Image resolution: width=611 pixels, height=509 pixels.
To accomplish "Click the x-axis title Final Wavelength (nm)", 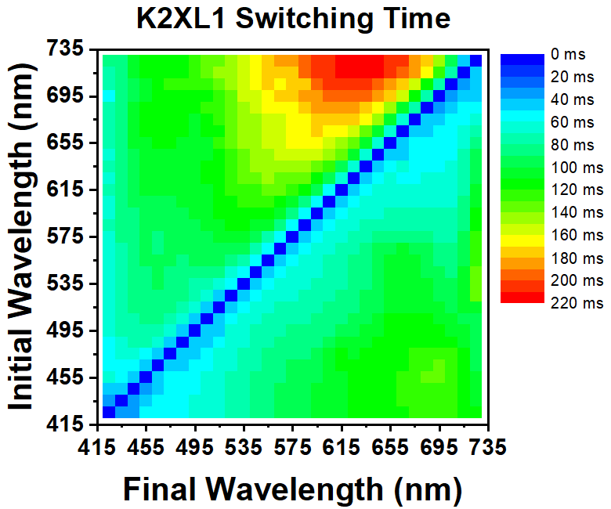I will coord(292,489).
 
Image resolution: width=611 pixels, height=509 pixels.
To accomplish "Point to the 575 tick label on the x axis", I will coord(293,448).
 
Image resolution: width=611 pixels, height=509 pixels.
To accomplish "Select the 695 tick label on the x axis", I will coord(439,448).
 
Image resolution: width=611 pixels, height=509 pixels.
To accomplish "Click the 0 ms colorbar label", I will coord(566,55).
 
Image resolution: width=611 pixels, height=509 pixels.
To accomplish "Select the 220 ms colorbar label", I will coord(577,302).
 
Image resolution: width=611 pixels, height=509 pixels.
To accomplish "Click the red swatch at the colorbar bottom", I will coord(521,297).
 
